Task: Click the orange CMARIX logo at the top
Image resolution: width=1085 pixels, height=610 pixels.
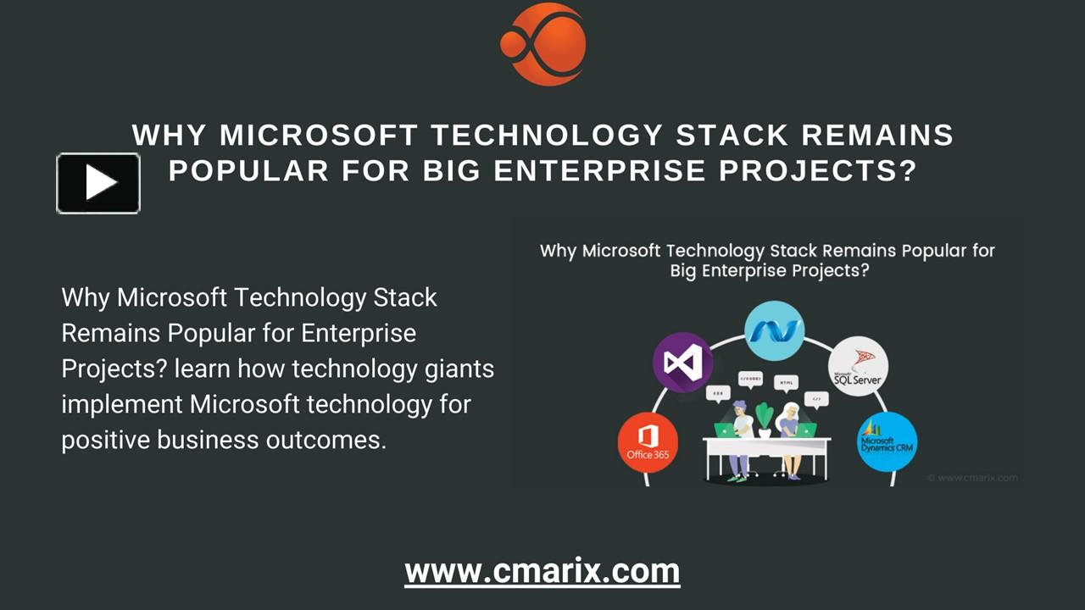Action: pyautogui.click(x=543, y=44)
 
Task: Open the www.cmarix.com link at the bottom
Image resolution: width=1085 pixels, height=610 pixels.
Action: pyautogui.click(x=542, y=571)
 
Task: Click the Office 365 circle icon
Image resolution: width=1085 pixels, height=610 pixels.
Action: pyautogui.click(x=648, y=441)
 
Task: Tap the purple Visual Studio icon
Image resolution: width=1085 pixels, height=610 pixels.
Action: pyautogui.click(x=682, y=363)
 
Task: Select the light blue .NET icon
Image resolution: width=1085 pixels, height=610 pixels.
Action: pyautogui.click(x=774, y=330)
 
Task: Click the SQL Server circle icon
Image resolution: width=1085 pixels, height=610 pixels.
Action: pyautogui.click(x=858, y=366)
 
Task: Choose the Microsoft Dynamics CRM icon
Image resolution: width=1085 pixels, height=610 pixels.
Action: pyautogui.click(x=887, y=442)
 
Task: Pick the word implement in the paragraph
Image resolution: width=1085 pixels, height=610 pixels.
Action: pyautogui.click(x=122, y=405)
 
